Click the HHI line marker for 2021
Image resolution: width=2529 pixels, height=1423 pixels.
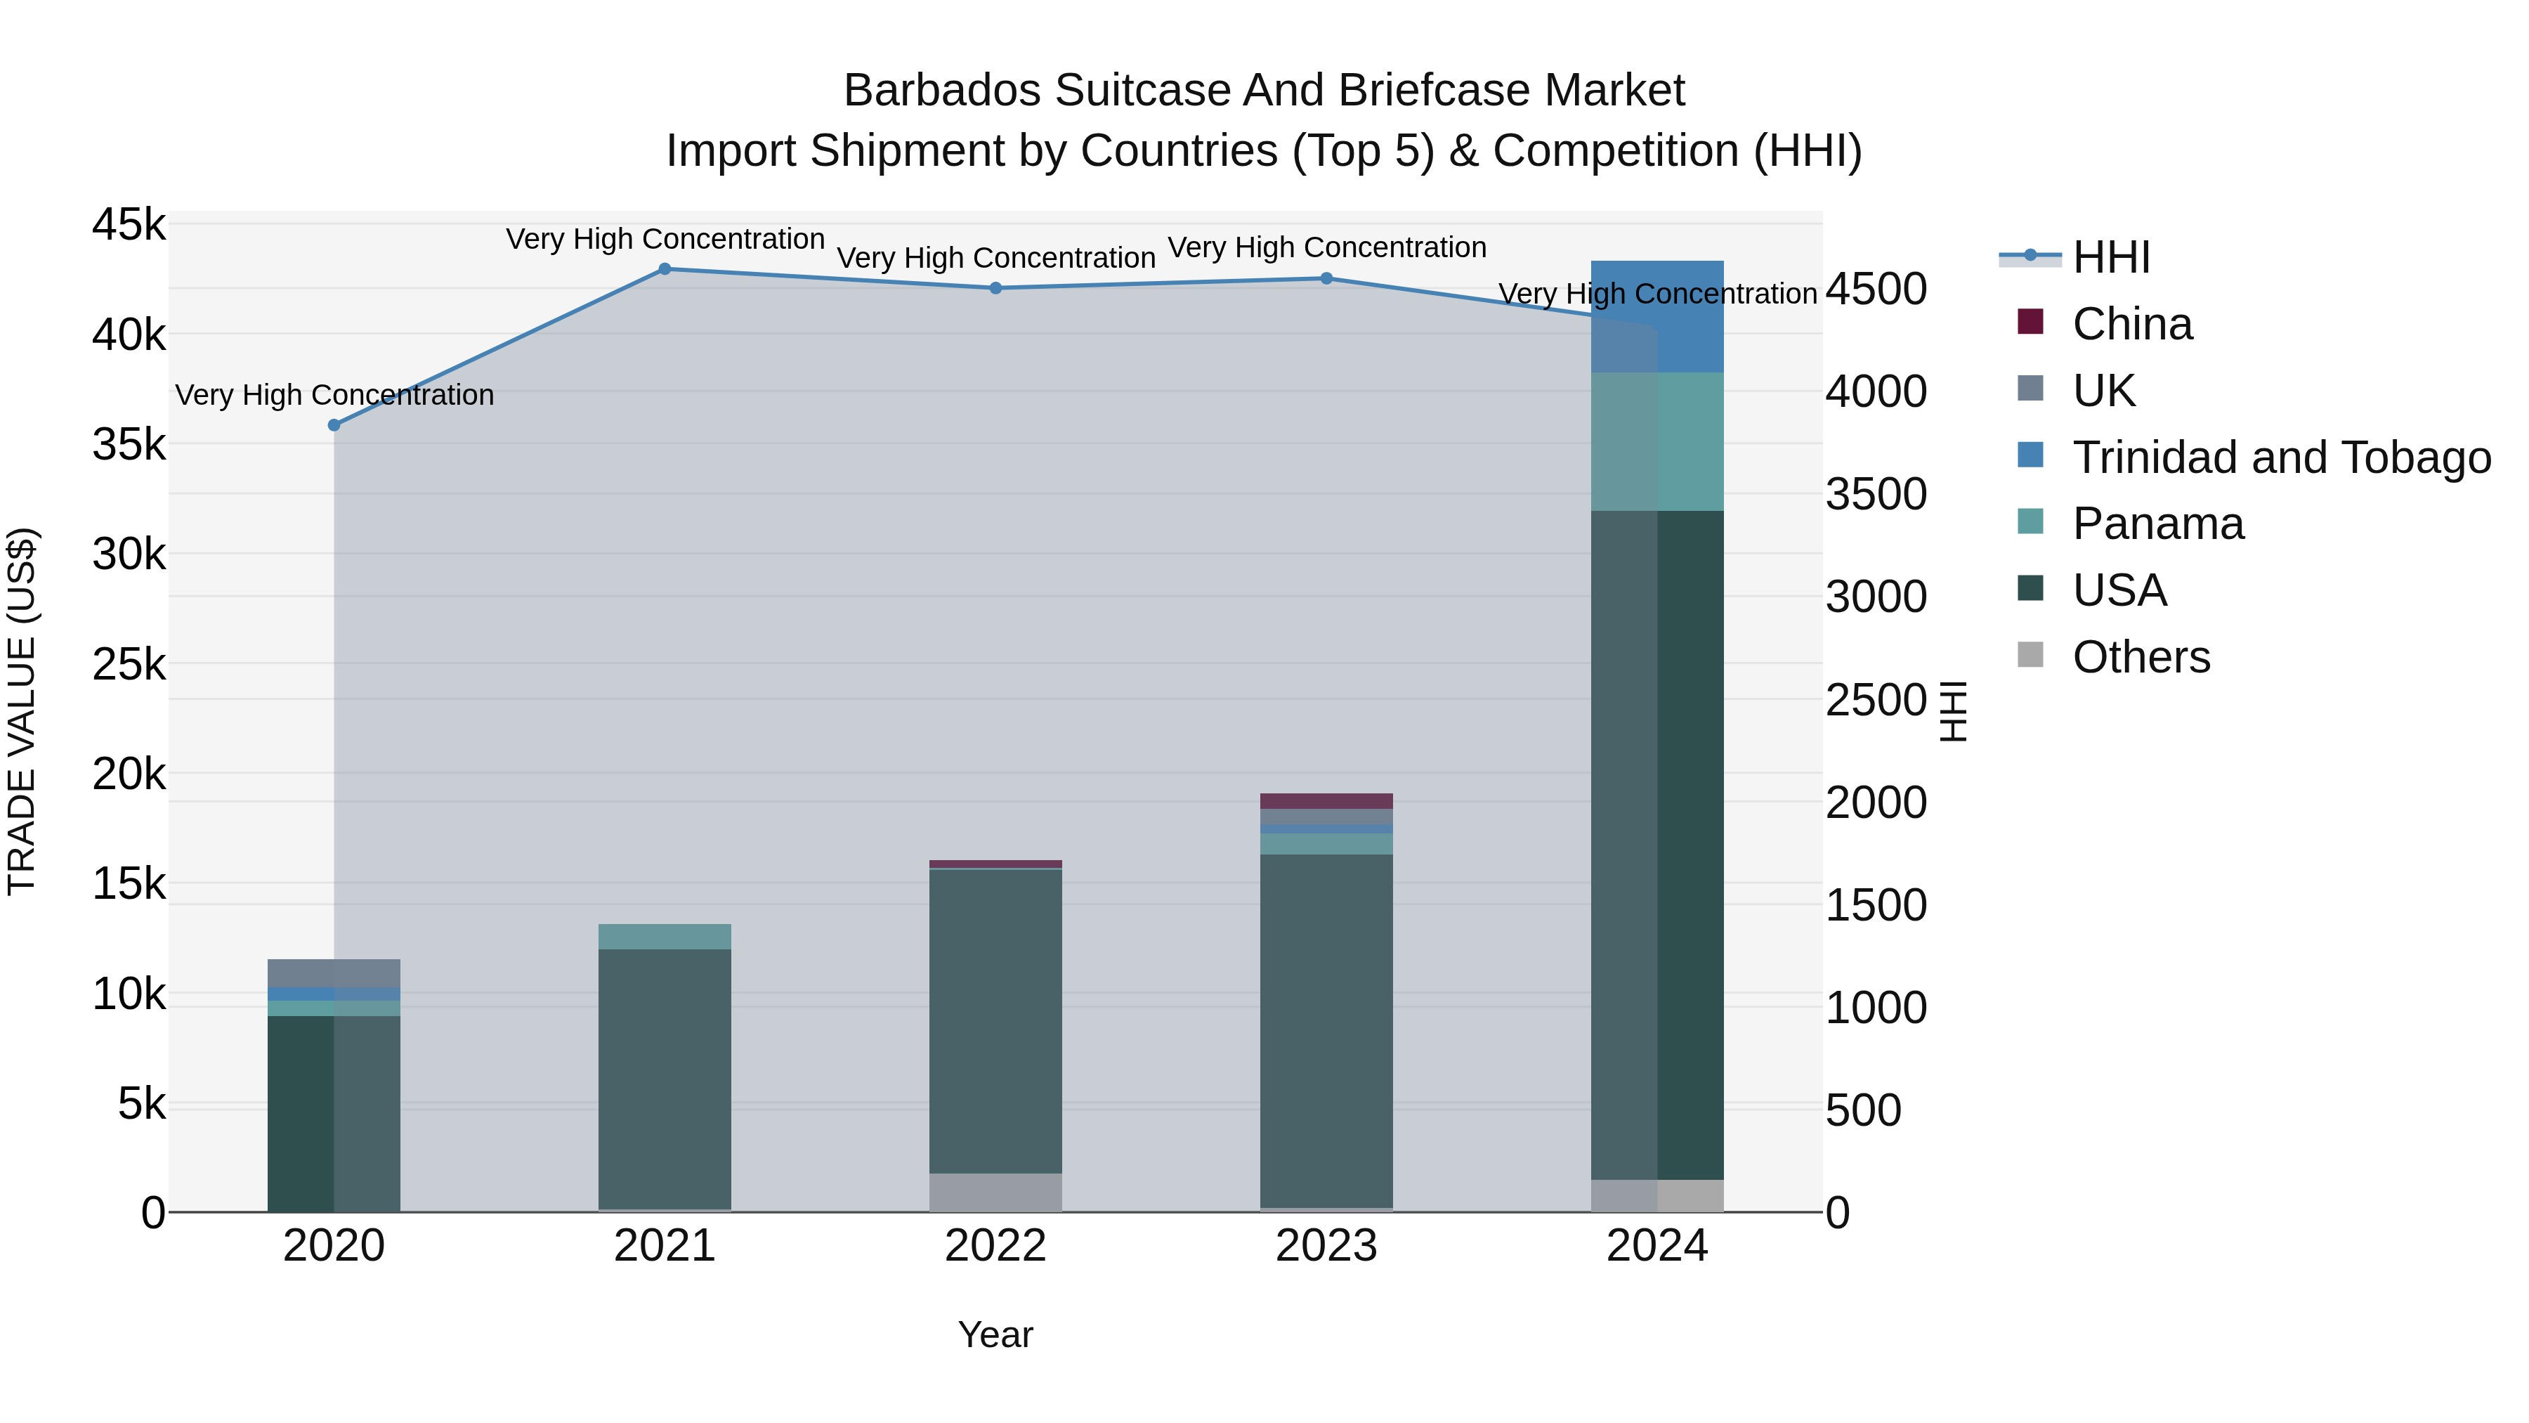[665, 269]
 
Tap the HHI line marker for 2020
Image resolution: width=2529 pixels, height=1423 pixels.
[334, 425]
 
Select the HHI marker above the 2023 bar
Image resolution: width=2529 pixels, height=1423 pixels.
[1326, 278]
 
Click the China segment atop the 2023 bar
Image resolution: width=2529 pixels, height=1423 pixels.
[1326, 800]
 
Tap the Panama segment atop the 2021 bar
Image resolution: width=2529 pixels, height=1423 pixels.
[665, 936]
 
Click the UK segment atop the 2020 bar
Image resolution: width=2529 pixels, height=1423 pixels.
[334, 973]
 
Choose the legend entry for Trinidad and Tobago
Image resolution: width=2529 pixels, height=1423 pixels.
[2280, 457]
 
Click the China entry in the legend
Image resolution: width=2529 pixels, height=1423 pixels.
[2131, 324]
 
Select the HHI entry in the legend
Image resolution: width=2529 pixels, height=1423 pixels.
[2111, 257]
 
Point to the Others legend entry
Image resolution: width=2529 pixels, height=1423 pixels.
[2141, 657]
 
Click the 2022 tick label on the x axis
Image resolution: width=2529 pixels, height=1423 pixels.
[995, 1246]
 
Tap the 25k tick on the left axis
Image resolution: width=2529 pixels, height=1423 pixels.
[129, 665]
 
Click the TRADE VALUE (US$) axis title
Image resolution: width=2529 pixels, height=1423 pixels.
[22, 711]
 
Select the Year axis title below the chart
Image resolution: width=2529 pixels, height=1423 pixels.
[995, 1334]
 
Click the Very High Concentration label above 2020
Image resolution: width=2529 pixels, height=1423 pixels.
[334, 395]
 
